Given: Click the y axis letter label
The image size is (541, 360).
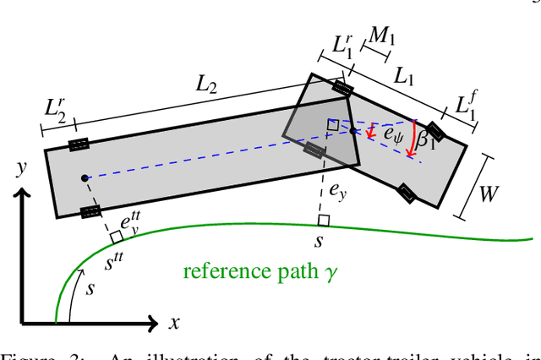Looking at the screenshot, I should (x=19, y=167).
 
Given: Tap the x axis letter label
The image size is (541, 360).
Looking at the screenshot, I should (x=173, y=322).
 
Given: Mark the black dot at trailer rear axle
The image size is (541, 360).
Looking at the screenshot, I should (x=85, y=178).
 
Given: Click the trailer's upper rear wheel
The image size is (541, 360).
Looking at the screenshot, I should (x=79, y=145).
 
